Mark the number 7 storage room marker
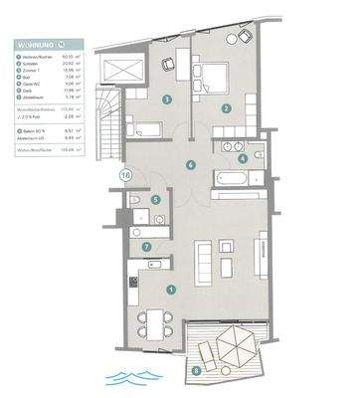click(147, 247)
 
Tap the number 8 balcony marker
click(196, 371)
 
